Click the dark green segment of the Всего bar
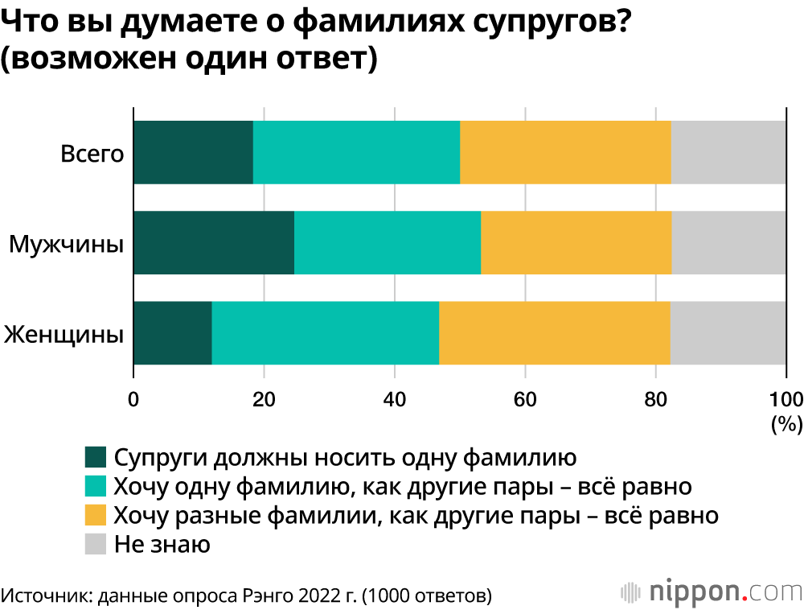(x=193, y=152)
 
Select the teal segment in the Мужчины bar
(x=388, y=242)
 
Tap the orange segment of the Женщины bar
(x=555, y=332)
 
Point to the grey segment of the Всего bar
(x=728, y=152)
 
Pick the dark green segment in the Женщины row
(x=173, y=332)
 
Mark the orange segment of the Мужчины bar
(x=576, y=242)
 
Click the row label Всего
(x=92, y=153)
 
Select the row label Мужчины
(x=66, y=243)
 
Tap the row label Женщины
(x=64, y=333)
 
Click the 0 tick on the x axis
(x=133, y=399)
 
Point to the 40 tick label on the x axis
(x=394, y=399)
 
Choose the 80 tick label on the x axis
(x=655, y=399)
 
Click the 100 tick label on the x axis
(x=786, y=399)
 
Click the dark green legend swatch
(x=96, y=458)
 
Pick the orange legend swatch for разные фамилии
(x=96, y=516)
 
